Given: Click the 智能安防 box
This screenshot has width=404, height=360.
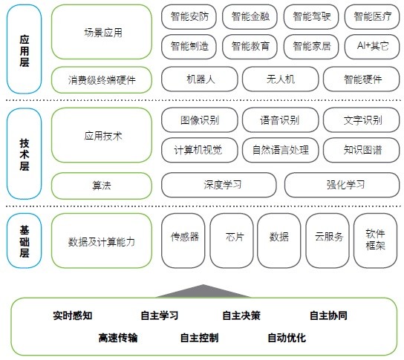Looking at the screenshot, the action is (x=189, y=17).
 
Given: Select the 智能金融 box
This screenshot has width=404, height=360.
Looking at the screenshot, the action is (x=250, y=17).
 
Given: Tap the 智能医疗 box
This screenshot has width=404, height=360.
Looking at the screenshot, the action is (x=372, y=17).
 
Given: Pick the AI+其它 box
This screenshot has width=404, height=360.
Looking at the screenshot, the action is (x=372, y=47).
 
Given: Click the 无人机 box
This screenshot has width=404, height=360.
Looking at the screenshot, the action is (x=280, y=79).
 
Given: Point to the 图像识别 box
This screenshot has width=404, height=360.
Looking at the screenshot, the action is (x=200, y=120).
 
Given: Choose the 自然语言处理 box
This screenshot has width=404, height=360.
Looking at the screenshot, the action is (x=280, y=150).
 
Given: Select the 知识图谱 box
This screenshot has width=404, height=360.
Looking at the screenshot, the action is (x=362, y=150).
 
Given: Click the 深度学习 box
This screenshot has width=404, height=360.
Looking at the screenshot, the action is (x=219, y=185).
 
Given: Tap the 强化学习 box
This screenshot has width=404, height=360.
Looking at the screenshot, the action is (x=342, y=185).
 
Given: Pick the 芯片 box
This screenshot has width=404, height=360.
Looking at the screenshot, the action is (x=232, y=240).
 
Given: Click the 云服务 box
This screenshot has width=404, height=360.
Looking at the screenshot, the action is (x=328, y=240).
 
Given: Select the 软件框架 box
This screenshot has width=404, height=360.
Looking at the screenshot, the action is (x=375, y=240).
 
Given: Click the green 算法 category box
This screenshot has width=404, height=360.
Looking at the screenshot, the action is (x=102, y=186).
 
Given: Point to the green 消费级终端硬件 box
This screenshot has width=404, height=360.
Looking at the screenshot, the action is (x=102, y=80).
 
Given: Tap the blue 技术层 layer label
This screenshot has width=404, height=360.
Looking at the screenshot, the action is (x=25, y=154).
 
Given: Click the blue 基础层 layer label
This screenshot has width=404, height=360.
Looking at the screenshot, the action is (x=25, y=240).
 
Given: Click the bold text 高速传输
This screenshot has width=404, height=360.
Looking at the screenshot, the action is (x=118, y=338).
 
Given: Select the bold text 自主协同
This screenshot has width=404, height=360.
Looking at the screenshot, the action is (x=328, y=315).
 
